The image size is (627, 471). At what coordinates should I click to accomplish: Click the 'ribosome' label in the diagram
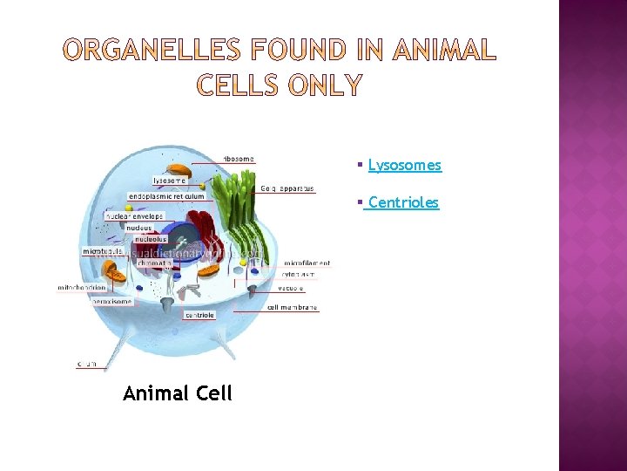pos(239,159)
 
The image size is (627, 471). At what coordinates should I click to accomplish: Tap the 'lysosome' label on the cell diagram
pos(169,181)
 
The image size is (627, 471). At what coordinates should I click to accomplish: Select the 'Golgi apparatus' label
pos(287,188)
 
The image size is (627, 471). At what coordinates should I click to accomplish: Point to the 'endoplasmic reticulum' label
pos(166,196)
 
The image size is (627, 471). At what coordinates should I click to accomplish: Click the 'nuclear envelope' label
pos(134,215)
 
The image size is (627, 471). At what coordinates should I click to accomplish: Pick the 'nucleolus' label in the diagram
pos(145,239)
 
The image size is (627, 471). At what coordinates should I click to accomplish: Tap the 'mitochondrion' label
pos(83,287)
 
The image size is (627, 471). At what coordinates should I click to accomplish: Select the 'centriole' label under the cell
pos(199,315)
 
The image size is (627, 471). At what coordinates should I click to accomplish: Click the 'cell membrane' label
pos(293,307)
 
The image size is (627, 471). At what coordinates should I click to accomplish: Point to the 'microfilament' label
pos(307,263)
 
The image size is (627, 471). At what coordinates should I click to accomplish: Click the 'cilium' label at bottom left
pos(87,363)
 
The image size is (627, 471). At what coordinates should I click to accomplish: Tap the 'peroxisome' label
pos(112,301)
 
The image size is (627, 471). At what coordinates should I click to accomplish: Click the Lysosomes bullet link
pos(404,165)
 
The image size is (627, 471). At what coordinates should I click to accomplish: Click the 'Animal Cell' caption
pos(178,393)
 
